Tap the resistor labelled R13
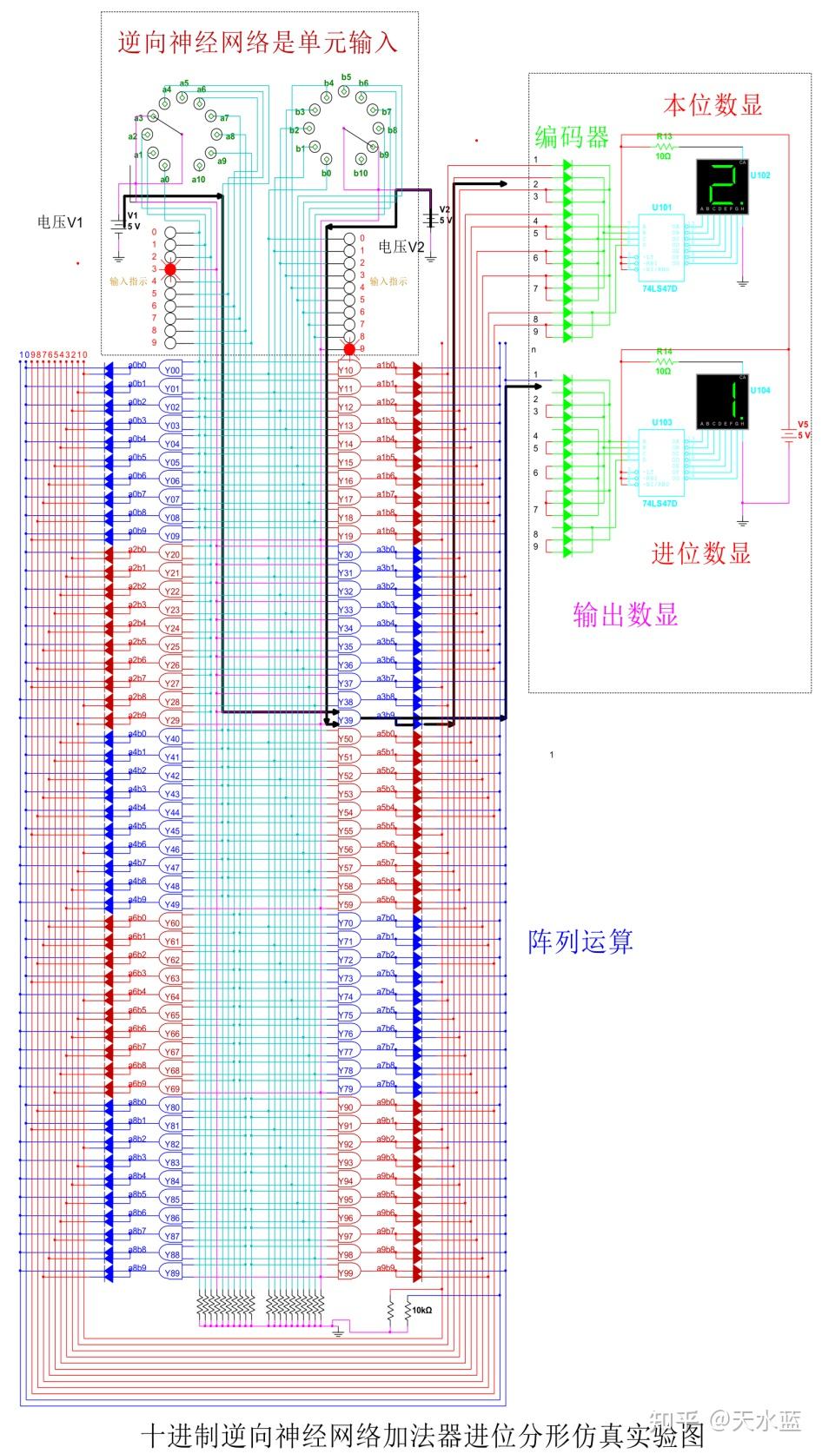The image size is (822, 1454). (x=665, y=146)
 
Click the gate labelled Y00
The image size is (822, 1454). (x=172, y=370)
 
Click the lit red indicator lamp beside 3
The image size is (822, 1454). (x=170, y=270)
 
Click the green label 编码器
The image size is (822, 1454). (x=572, y=137)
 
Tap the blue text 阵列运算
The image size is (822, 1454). (x=580, y=942)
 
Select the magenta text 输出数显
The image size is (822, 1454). (x=625, y=615)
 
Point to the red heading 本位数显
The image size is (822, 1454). (x=713, y=105)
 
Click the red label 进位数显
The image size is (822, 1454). (x=700, y=553)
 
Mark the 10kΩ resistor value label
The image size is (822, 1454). (x=421, y=1310)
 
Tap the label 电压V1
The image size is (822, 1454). (x=60, y=222)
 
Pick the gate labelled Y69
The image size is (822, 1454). (x=172, y=1089)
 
